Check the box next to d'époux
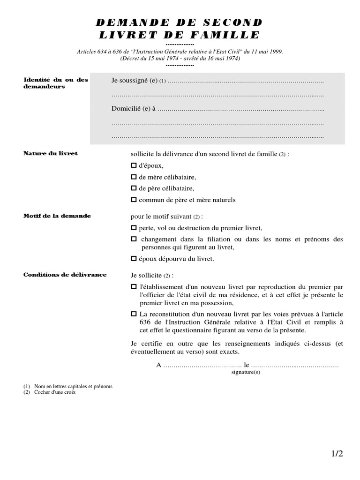[x=133, y=166]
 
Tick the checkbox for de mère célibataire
[x=133, y=177]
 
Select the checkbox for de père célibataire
[x=133, y=188]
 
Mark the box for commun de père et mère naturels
[x=133, y=200]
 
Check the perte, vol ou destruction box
[x=133, y=228]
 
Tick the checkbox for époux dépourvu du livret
[x=133, y=258]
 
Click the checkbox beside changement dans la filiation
[x=133, y=239]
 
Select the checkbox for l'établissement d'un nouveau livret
[x=133, y=286]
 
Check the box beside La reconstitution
[x=133, y=314]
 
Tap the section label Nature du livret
[x=51, y=154]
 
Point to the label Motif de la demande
[x=57, y=216]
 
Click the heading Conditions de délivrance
[x=65, y=275]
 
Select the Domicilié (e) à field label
[x=133, y=109]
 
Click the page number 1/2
[x=337, y=454]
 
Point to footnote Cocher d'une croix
[x=55, y=392]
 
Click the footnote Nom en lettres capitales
[x=73, y=387]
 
